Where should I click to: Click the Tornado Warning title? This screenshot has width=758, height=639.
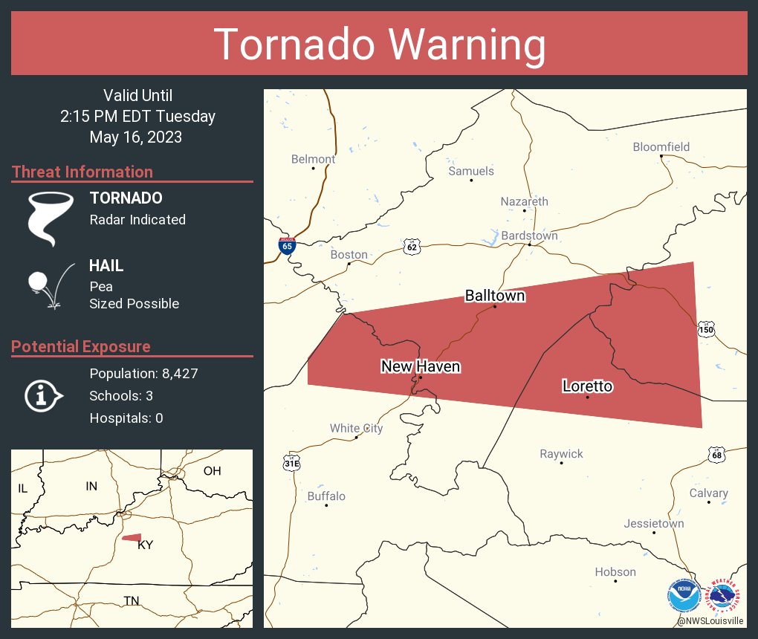tap(379, 45)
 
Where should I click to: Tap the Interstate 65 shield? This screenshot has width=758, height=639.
tap(286, 245)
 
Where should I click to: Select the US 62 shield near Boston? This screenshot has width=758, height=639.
tap(412, 246)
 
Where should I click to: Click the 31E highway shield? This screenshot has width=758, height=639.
tap(291, 462)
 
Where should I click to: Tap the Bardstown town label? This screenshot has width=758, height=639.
tap(529, 236)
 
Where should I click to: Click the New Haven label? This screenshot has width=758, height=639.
tap(420, 366)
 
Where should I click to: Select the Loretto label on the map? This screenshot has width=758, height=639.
tap(587, 386)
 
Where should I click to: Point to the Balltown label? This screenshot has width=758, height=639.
tap(495, 296)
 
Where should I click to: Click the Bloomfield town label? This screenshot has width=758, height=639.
tap(661, 147)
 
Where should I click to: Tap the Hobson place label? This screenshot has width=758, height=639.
tap(615, 571)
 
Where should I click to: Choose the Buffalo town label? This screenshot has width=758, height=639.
tap(326, 496)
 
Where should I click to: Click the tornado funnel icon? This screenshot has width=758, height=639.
tap(51, 217)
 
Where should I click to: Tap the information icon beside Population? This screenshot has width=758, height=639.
tap(43, 395)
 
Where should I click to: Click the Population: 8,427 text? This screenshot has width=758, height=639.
tap(143, 374)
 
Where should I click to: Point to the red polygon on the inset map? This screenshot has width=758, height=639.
tap(132, 537)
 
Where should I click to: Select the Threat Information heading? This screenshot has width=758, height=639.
tap(82, 172)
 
